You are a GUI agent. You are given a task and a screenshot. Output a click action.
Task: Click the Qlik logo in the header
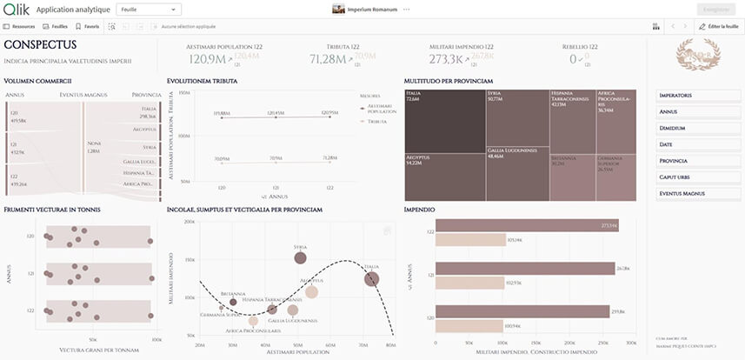tap(16, 9)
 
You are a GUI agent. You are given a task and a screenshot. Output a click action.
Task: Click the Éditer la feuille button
tap(718, 27)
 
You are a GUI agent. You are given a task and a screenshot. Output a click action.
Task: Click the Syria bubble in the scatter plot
tap(300, 257)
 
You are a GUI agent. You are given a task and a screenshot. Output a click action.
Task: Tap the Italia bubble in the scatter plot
tap(372, 278)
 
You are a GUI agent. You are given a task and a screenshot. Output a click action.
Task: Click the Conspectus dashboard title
tap(40, 45)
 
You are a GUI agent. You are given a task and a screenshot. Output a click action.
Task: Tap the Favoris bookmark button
tap(87, 27)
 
